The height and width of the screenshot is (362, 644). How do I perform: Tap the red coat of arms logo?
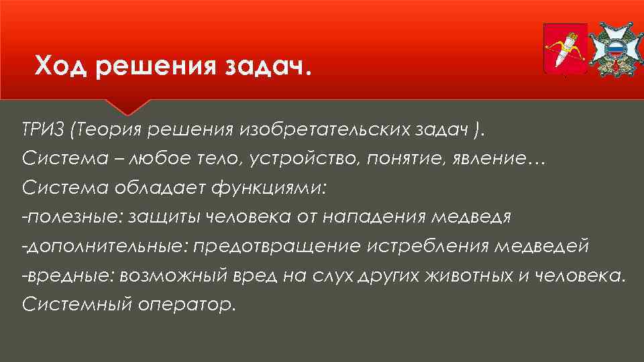click(564, 49)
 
